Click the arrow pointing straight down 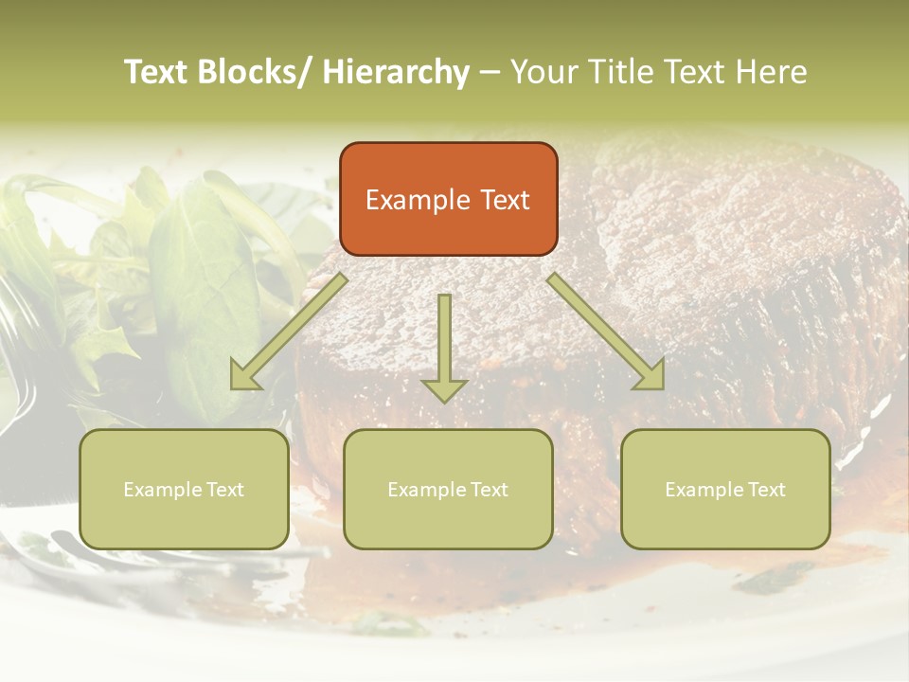point(444,341)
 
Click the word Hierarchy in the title point(396,72)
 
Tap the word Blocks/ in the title point(256,72)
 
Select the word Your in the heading point(541,72)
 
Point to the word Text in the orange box point(503,200)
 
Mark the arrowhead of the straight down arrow point(444,389)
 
